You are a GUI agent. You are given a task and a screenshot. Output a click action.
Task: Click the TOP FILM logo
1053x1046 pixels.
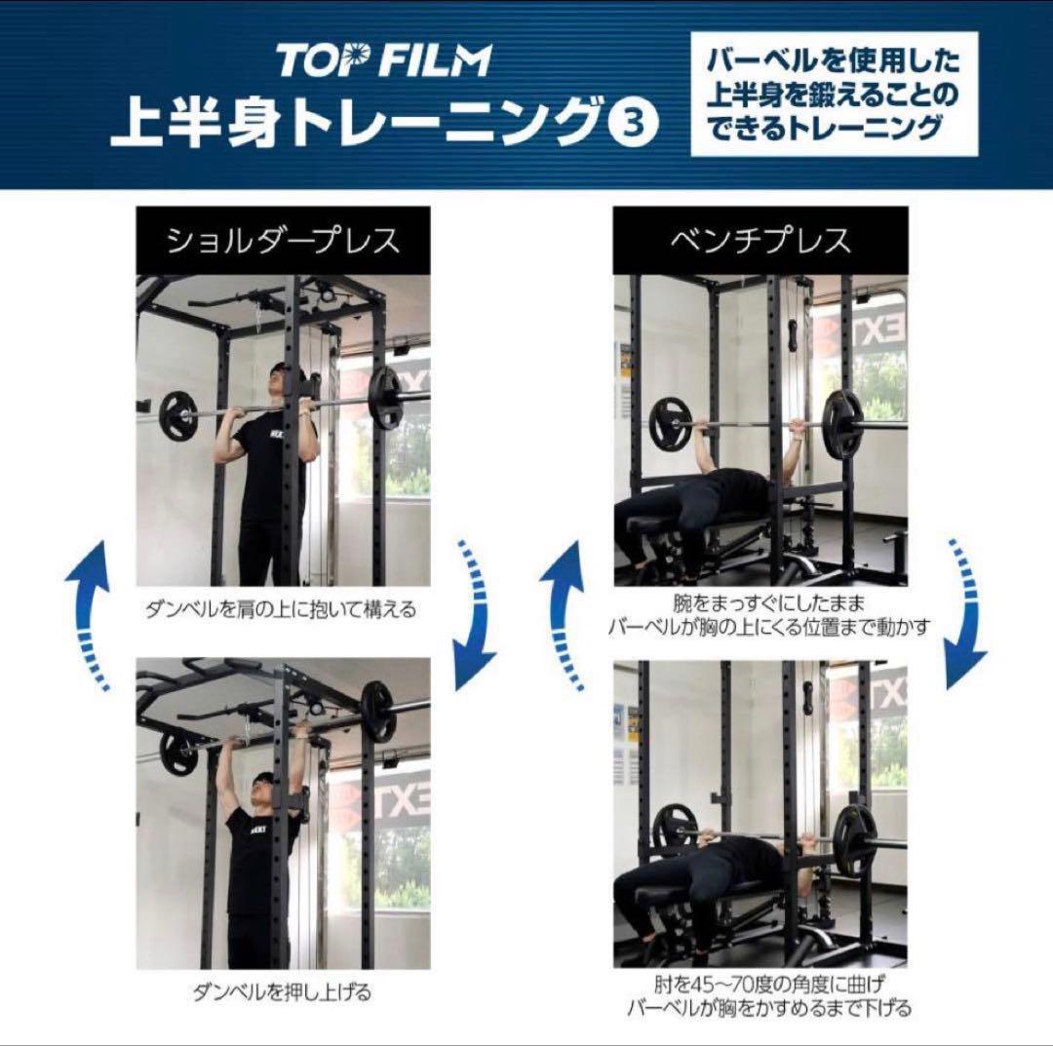[x=384, y=60]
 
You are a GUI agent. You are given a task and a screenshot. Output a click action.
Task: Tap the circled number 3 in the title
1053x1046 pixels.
[x=633, y=123]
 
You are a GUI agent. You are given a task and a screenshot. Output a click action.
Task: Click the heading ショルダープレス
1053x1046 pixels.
[x=283, y=241]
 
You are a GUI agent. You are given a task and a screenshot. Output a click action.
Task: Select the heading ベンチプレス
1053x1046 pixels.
[x=760, y=241]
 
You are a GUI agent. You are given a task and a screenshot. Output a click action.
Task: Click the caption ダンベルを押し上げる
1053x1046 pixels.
[x=282, y=991]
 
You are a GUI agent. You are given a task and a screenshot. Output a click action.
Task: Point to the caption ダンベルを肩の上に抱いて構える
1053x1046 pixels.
[x=282, y=609]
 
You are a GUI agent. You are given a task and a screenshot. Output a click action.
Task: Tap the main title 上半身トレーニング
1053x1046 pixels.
[x=356, y=123]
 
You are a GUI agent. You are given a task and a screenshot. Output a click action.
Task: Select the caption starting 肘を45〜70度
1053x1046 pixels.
[x=769, y=996]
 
